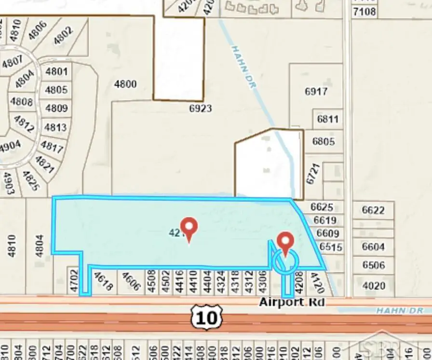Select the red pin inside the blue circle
[286, 244]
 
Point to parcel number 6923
[200, 109]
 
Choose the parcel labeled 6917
[316, 91]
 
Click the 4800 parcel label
[125, 84]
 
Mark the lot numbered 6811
[328, 119]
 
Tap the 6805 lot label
[323, 141]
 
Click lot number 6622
[373, 210]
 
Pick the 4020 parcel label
[374, 285]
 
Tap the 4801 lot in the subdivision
[56, 72]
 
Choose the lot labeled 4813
[55, 127]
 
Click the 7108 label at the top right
[364, 11]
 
